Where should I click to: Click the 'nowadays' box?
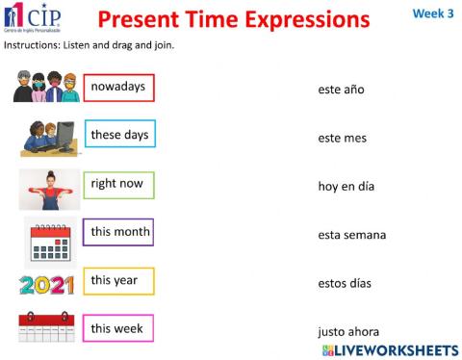[118, 88]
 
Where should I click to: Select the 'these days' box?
[119, 136]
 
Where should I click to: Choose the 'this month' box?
[119, 232]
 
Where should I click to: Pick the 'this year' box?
[118, 281]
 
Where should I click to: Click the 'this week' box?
[118, 329]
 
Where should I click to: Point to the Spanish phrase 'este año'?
[342, 90]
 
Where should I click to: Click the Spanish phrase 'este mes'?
[342, 138]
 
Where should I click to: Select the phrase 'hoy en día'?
[346, 186]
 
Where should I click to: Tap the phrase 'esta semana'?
[351, 234]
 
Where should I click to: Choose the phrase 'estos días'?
[345, 283]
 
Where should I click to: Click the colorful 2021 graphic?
[47, 285]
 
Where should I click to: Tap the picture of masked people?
[45, 87]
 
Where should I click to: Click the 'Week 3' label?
[433, 13]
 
